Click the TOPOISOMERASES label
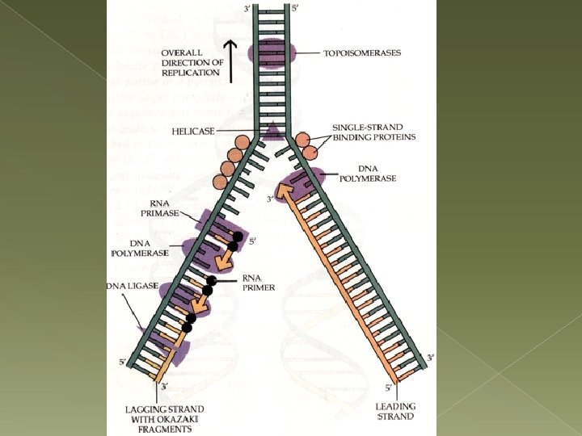362,53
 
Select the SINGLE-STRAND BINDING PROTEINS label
374,132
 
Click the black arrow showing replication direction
232,61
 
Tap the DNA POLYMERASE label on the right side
373,174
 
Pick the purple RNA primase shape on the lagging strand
212,225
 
